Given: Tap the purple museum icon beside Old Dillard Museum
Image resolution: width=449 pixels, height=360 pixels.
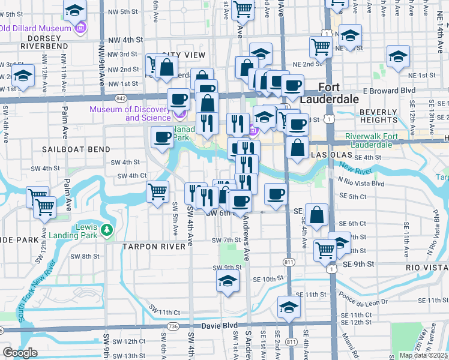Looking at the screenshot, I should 80,28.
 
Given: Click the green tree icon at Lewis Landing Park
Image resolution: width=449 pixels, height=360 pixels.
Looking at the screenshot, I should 106,229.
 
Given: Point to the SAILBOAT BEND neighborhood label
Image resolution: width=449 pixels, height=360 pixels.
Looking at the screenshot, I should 76,149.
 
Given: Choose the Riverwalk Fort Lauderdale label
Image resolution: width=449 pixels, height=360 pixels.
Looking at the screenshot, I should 380,140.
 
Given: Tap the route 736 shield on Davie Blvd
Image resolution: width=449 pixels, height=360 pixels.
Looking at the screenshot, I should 173,326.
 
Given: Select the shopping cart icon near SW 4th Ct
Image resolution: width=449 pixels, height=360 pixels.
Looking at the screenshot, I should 157,193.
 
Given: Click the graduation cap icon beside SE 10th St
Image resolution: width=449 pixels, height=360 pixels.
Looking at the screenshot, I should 228,280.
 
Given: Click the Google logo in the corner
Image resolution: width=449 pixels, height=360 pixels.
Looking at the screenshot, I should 20,353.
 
